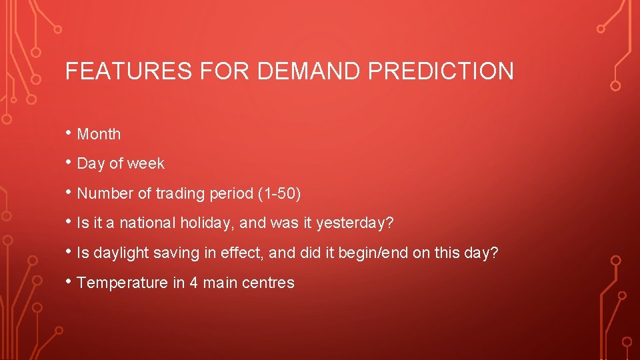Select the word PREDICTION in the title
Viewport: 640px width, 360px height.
tap(441, 71)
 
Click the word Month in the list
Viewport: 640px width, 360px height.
tap(99, 134)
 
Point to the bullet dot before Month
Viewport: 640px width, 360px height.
tap(69, 133)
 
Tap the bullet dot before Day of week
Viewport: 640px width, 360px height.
tap(69, 163)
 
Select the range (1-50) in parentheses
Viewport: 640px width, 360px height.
tap(279, 193)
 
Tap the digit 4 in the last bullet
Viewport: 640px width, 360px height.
tap(193, 283)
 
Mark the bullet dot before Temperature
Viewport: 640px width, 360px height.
tap(69, 282)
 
